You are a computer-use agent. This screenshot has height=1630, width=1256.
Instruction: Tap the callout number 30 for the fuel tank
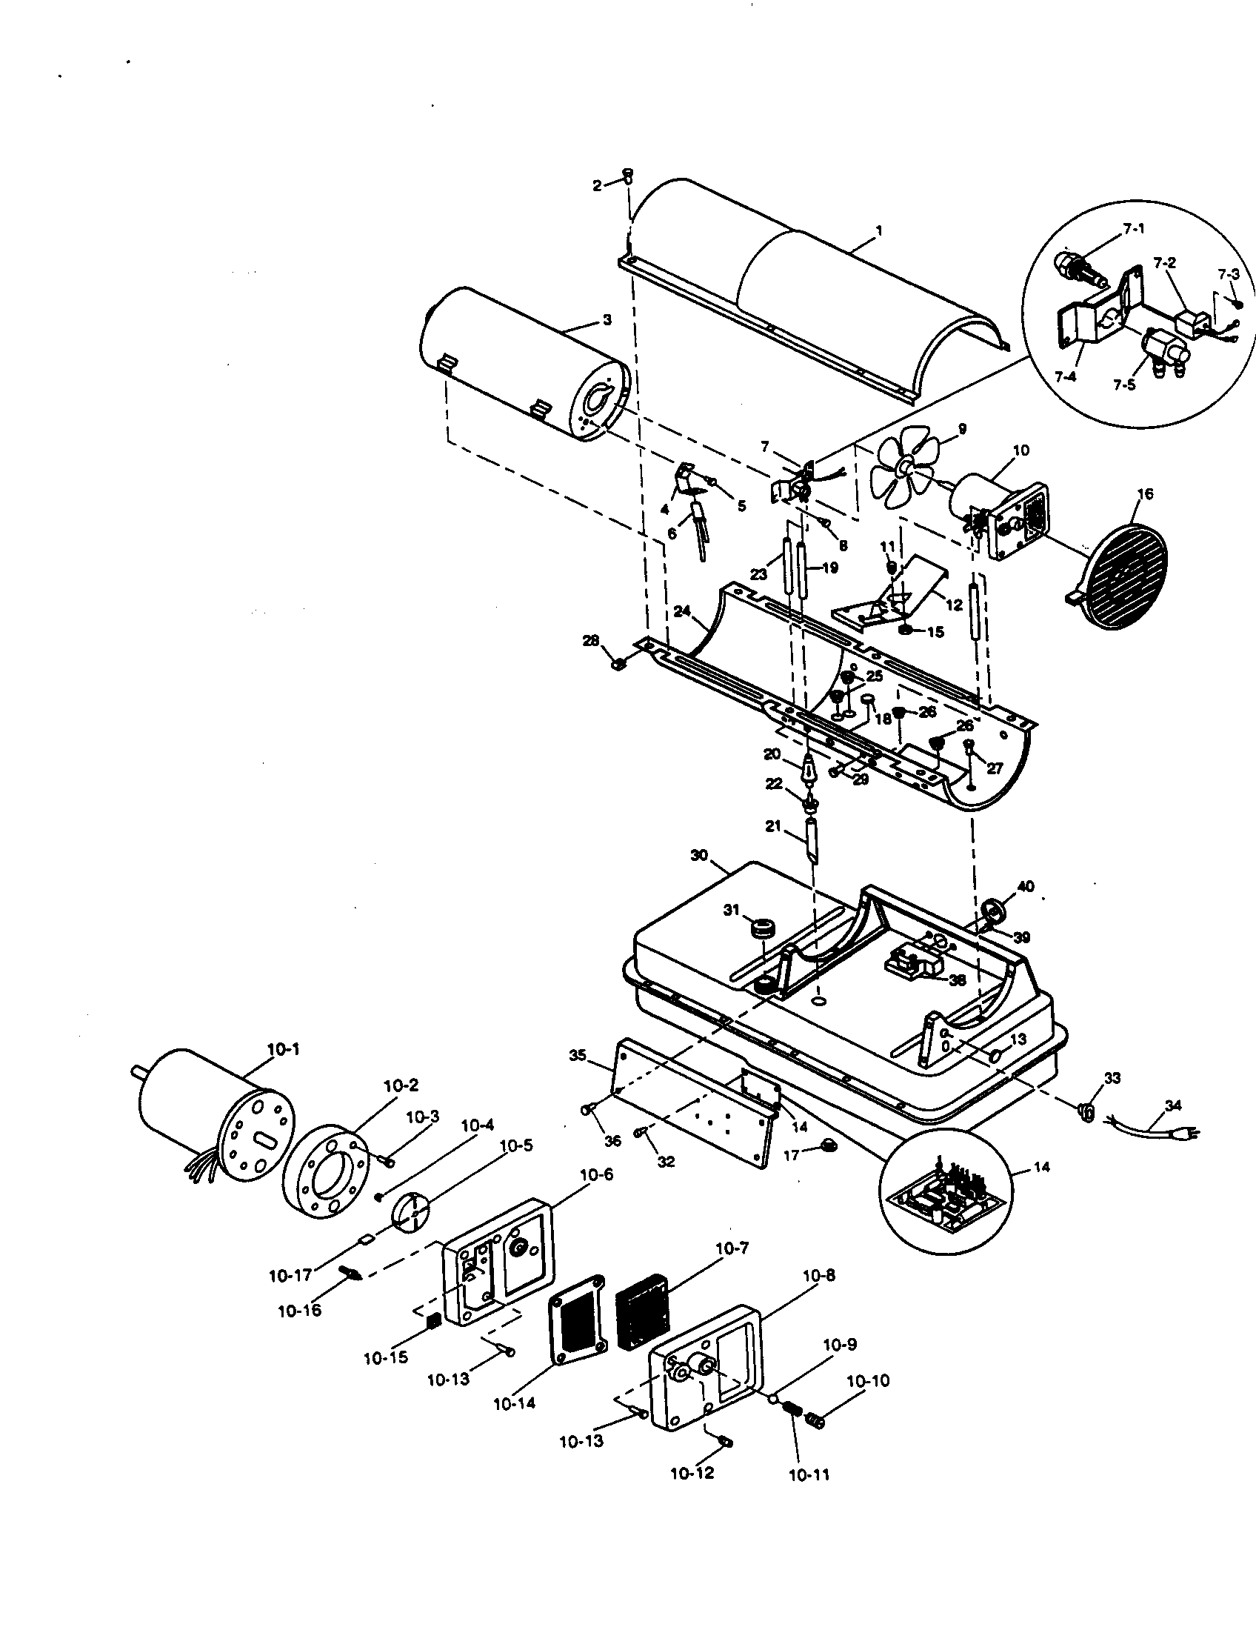(x=698, y=855)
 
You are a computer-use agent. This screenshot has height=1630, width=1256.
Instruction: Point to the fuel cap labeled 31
(x=762, y=931)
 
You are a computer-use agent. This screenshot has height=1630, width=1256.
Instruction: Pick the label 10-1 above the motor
(x=284, y=1048)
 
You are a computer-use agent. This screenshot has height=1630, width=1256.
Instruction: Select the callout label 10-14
(x=515, y=1403)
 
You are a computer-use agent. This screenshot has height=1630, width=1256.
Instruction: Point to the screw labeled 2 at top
(x=627, y=176)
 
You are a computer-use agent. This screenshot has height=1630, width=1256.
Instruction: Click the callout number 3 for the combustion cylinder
(x=607, y=319)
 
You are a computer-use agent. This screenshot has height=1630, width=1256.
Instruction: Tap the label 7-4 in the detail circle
(x=1065, y=377)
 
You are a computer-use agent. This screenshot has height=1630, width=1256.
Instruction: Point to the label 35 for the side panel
(x=577, y=1055)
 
